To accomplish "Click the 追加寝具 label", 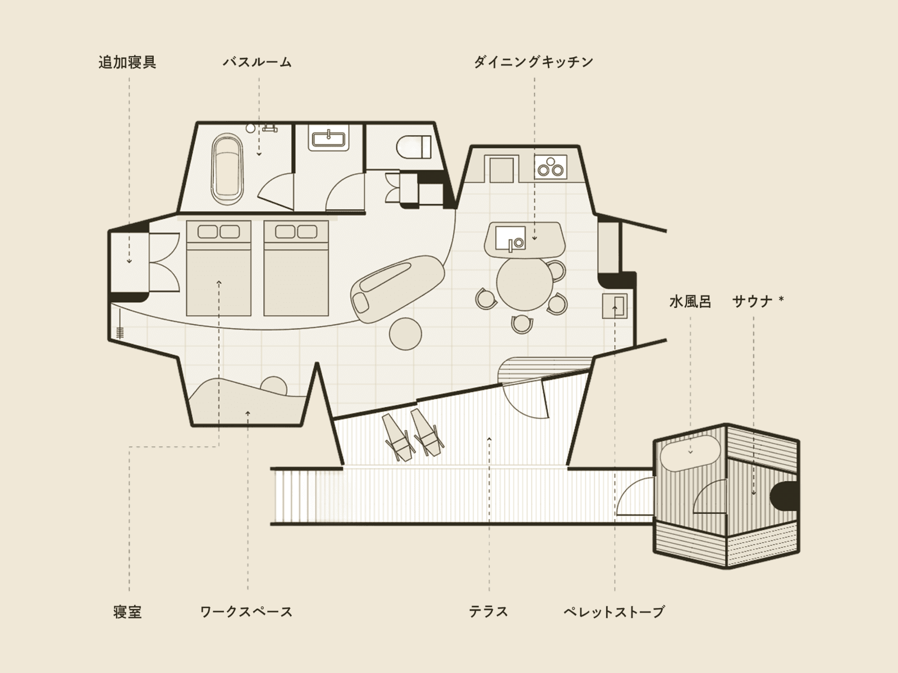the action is (x=127, y=62).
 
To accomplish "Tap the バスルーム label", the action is (x=257, y=62).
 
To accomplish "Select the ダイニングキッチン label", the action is (x=534, y=62).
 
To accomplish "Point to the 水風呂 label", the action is (x=690, y=302).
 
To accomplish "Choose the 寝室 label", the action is (x=127, y=612).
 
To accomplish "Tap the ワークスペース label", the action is (x=246, y=612).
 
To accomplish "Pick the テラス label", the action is (x=488, y=612).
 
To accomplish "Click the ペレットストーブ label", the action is (x=614, y=612).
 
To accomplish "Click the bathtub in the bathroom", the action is (x=227, y=169).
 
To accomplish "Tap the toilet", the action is (x=414, y=147).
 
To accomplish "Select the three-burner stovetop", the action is (x=551, y=167).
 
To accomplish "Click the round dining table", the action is (x=524, y=283).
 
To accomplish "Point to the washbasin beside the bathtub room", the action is (x=328, y=138).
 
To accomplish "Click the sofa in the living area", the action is (x=398, y=289).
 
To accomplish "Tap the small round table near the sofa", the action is (x=405, y=334).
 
